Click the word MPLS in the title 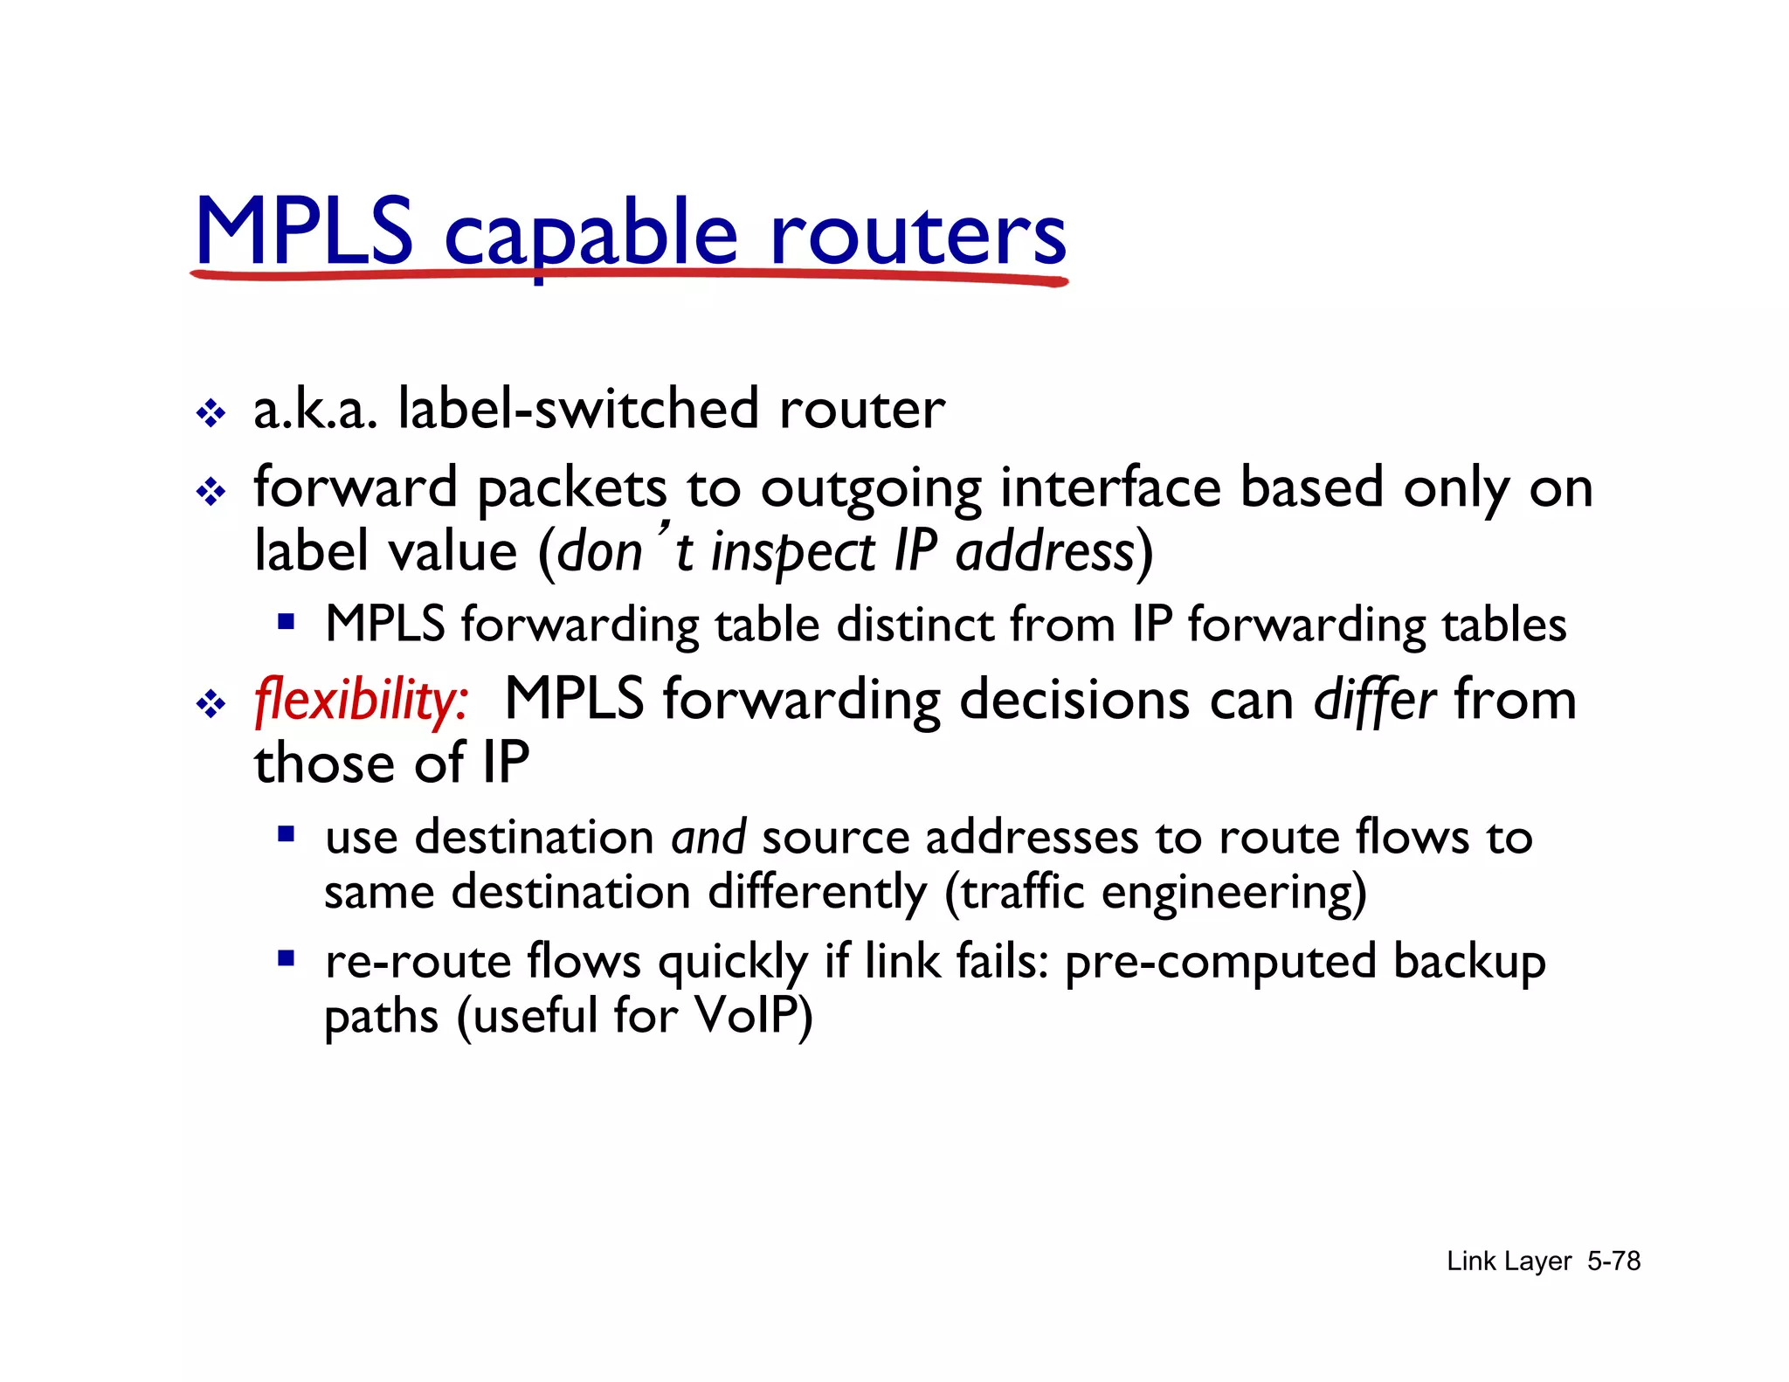[304, 231]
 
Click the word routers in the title [917, 234]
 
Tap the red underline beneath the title [629, 275]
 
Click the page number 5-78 [1613, 1261]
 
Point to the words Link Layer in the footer [1509, 1261]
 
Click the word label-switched [577, 409]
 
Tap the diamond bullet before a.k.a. [211, 413]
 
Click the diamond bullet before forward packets [211, 492]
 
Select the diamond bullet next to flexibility [211, 704]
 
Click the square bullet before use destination [286, 833]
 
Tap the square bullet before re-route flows [286, 958]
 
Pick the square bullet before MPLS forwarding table [286, 622]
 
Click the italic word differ [1374, 701]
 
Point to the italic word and [708, 837]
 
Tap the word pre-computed [1220, 962]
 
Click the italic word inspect [792, 553]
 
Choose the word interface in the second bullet [1110, 487]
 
